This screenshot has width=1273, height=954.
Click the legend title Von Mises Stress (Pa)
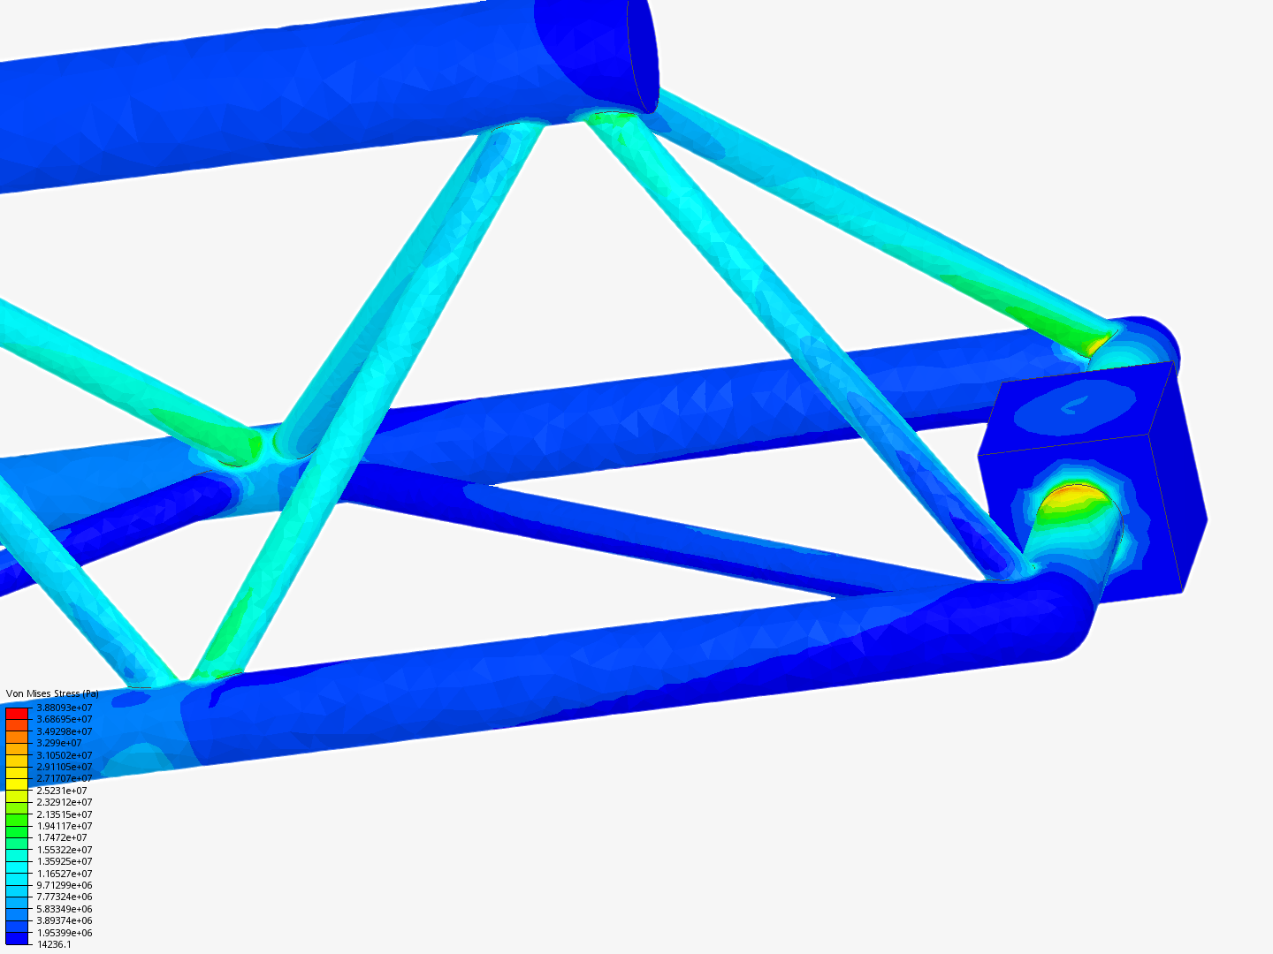52,694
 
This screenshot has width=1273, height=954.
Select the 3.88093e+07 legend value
64,708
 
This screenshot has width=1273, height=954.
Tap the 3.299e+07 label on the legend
59,744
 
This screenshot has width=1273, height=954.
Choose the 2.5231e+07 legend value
62,791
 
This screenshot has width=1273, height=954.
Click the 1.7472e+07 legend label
62,837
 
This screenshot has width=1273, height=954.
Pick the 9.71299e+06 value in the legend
64,885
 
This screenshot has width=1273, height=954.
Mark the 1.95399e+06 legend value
64,933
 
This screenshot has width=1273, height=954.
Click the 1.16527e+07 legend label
64,874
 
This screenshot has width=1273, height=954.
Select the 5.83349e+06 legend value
64,909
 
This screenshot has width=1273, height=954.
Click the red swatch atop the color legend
17,713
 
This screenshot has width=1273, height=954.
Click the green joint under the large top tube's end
610,116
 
